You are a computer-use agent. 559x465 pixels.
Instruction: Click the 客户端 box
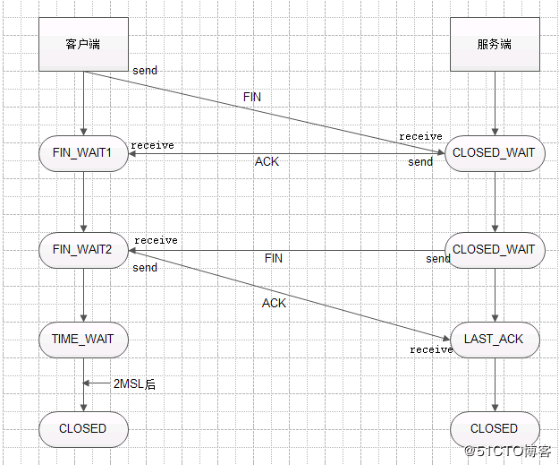coord(83,44)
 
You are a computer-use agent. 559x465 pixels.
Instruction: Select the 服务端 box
coord(494,44)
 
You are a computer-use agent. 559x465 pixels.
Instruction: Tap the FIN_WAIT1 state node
coord(83,152)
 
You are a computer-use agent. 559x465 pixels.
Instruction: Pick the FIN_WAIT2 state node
coord(83,249)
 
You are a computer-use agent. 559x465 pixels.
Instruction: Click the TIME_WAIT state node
coord(83,340)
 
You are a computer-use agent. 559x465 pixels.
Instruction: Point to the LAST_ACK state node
coord(495,340)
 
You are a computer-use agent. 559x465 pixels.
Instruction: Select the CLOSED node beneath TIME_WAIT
coord(83,428)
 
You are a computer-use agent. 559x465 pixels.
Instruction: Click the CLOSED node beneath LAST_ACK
coord(494,428)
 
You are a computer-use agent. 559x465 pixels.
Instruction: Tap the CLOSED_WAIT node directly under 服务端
coord(494,152)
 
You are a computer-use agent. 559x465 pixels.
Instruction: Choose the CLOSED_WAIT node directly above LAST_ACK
coord(494,249)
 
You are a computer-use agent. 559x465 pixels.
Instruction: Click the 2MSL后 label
coord(134,383)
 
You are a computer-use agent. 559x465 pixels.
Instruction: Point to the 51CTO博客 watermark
coord(507,451)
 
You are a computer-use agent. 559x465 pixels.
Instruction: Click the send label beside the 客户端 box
coord(145,70)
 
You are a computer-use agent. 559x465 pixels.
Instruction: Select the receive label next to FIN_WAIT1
coord(153,145)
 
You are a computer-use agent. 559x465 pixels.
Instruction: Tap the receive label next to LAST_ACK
coord(431,349)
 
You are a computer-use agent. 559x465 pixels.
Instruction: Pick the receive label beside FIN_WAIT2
coord(156,240)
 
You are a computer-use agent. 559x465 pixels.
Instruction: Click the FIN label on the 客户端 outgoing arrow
coord(252,96)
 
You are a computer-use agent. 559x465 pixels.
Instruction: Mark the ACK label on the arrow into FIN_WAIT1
coord(267,161)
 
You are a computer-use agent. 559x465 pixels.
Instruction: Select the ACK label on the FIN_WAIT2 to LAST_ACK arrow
coord(274,303)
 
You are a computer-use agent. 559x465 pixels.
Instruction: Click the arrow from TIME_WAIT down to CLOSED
coord(83,394)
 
